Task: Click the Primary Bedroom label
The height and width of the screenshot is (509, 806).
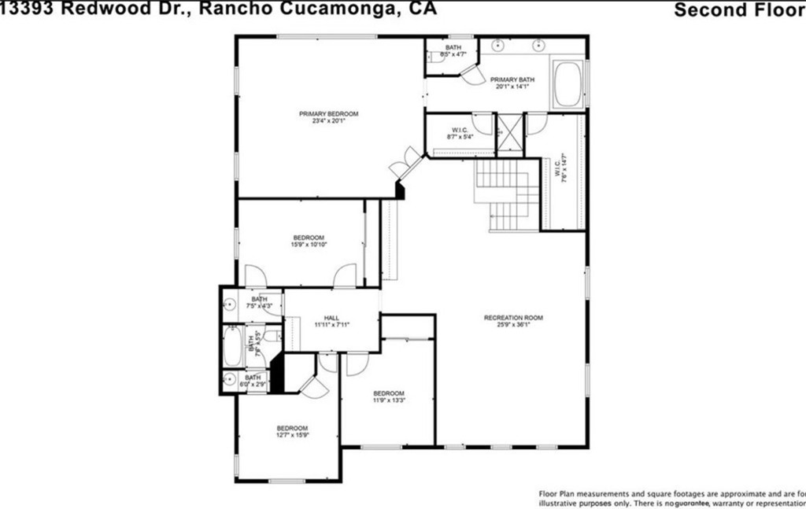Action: coord(329,113)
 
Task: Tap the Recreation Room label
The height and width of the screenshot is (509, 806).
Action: coord(513,317)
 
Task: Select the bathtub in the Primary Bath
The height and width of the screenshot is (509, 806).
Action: coord(568,84)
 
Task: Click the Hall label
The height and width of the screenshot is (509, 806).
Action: coord(331,317)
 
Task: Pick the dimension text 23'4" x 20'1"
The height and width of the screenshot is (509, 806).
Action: coord(329,121)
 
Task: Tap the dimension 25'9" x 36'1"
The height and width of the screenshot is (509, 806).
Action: coord(513,324)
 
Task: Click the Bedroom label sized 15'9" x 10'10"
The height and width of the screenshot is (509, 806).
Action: coord(309,238)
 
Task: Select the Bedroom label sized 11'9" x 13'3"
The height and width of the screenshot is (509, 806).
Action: coord(389,393)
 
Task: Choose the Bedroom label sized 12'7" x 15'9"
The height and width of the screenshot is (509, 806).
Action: coord(291,428)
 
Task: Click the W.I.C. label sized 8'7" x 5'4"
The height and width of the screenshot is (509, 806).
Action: coord(460,130)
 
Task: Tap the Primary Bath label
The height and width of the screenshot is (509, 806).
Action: coord(512,79)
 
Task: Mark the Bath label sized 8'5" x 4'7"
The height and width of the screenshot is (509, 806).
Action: coord(453,48)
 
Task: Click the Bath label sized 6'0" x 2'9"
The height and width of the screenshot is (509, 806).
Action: coord(253,378)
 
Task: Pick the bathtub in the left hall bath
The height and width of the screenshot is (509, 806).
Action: coord(233,345)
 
